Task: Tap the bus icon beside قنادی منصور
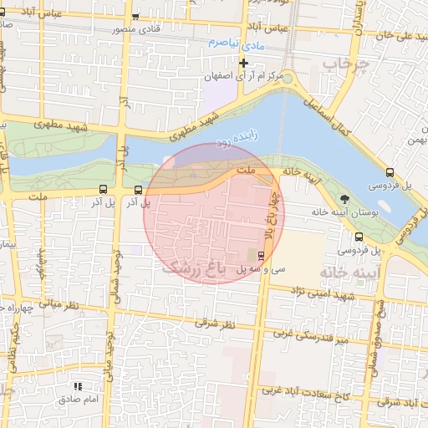pos(135,17)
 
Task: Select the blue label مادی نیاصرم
pos(236,42)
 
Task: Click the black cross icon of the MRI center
pos(243,63)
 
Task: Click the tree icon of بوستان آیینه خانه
pos(345,198)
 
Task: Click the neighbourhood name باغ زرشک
pos(193,268)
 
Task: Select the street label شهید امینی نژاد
pos(320,294)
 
